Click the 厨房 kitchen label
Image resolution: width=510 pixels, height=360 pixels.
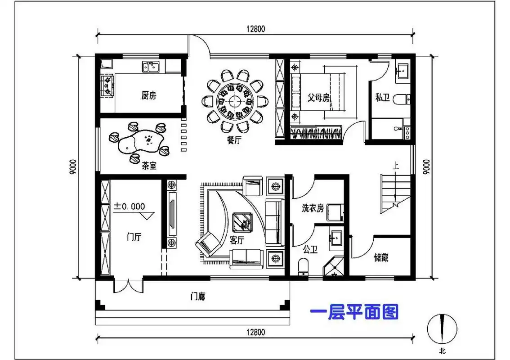tap(149, 95)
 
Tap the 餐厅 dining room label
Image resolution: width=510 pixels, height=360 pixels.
tap(234, 140)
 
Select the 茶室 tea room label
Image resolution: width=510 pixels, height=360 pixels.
tap(149, 166)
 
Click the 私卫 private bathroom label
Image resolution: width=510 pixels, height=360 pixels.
tap(382, 97)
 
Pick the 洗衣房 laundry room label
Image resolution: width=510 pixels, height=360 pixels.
tap(312, 208)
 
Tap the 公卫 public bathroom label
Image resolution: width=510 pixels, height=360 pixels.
tap(311, 249)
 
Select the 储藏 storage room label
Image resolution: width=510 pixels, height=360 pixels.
tap(381, 258)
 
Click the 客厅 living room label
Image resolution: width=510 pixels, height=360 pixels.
tap(237, 241)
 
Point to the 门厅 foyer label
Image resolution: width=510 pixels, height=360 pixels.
tap(134, 237)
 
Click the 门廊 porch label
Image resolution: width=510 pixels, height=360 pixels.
tap(198, 297)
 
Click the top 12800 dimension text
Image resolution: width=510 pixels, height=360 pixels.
tap(256, 29)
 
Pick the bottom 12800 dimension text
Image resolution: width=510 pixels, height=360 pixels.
tap(256, 333)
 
